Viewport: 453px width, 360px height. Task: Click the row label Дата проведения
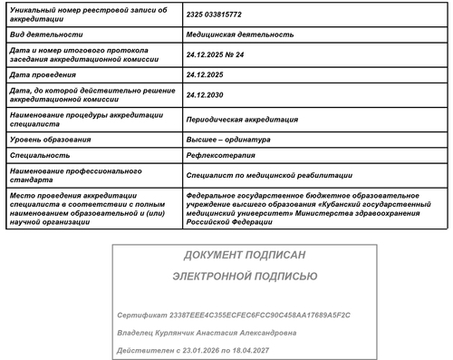[42, 75]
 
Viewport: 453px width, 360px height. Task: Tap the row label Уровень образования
[51, 139]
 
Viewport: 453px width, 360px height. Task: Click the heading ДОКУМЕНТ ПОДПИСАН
[245, 256]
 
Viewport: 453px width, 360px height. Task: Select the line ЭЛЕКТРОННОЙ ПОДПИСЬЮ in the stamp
[245, 277]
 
